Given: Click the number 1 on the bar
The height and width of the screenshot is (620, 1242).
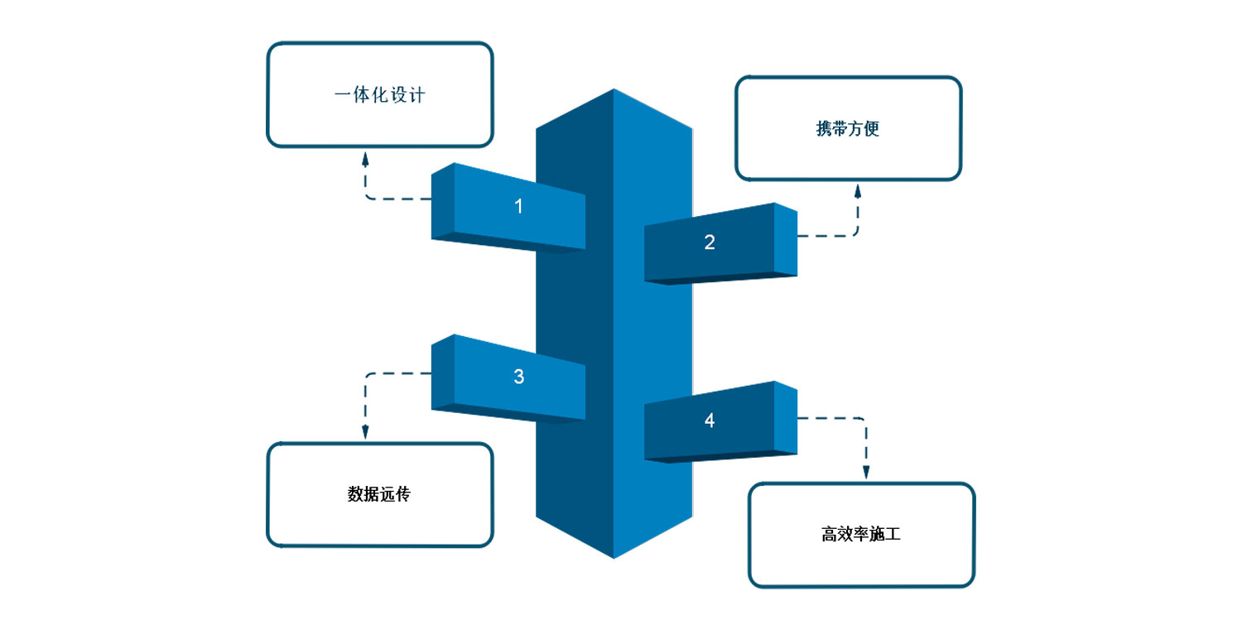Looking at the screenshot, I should click(519, 206).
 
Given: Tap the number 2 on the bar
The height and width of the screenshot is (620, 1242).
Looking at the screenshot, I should click(710, 243).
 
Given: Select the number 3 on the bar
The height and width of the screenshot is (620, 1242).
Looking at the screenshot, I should click(519, 377).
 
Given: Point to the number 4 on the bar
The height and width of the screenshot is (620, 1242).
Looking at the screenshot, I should click(710, 421).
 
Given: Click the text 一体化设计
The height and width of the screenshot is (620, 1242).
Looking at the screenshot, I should click(380, 95).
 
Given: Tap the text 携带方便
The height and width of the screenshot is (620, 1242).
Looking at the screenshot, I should click(848, 129).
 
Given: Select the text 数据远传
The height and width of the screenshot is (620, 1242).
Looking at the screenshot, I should click(379, 495).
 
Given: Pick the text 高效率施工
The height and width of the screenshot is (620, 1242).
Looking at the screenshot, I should click(861, 535).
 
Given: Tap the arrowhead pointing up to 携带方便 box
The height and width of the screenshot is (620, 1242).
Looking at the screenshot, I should click(858, 191).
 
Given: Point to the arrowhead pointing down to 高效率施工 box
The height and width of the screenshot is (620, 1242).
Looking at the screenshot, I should click(866, 472).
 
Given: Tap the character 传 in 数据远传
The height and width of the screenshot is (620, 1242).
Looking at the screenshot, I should click(403, 495).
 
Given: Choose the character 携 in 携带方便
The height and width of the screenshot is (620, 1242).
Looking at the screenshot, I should click(824, 129).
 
